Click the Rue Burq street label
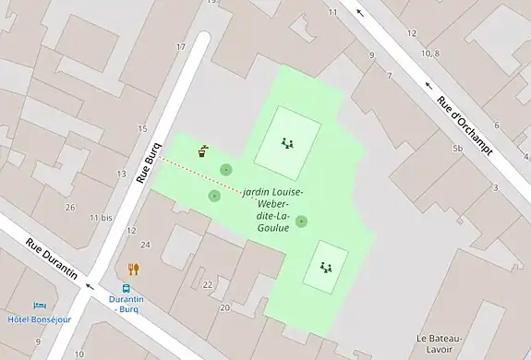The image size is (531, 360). coord(150,163)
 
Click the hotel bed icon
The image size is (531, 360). coord(39,306)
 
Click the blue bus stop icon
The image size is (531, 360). coord(127,287)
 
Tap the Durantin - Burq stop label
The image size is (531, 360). coord(127,305)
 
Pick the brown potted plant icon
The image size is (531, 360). coord(203,150)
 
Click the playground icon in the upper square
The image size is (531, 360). coord(287,143)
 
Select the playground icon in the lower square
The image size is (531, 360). coord(325,267)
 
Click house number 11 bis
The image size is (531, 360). coord(101,217)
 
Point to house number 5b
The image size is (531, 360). coord(457,148)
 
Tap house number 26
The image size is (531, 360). coord(70,207)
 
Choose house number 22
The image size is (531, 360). coord(207,284)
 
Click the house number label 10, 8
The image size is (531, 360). coord(429,54)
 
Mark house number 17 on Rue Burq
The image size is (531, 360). coord(181,46)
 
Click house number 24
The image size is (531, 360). coord(146,244)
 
